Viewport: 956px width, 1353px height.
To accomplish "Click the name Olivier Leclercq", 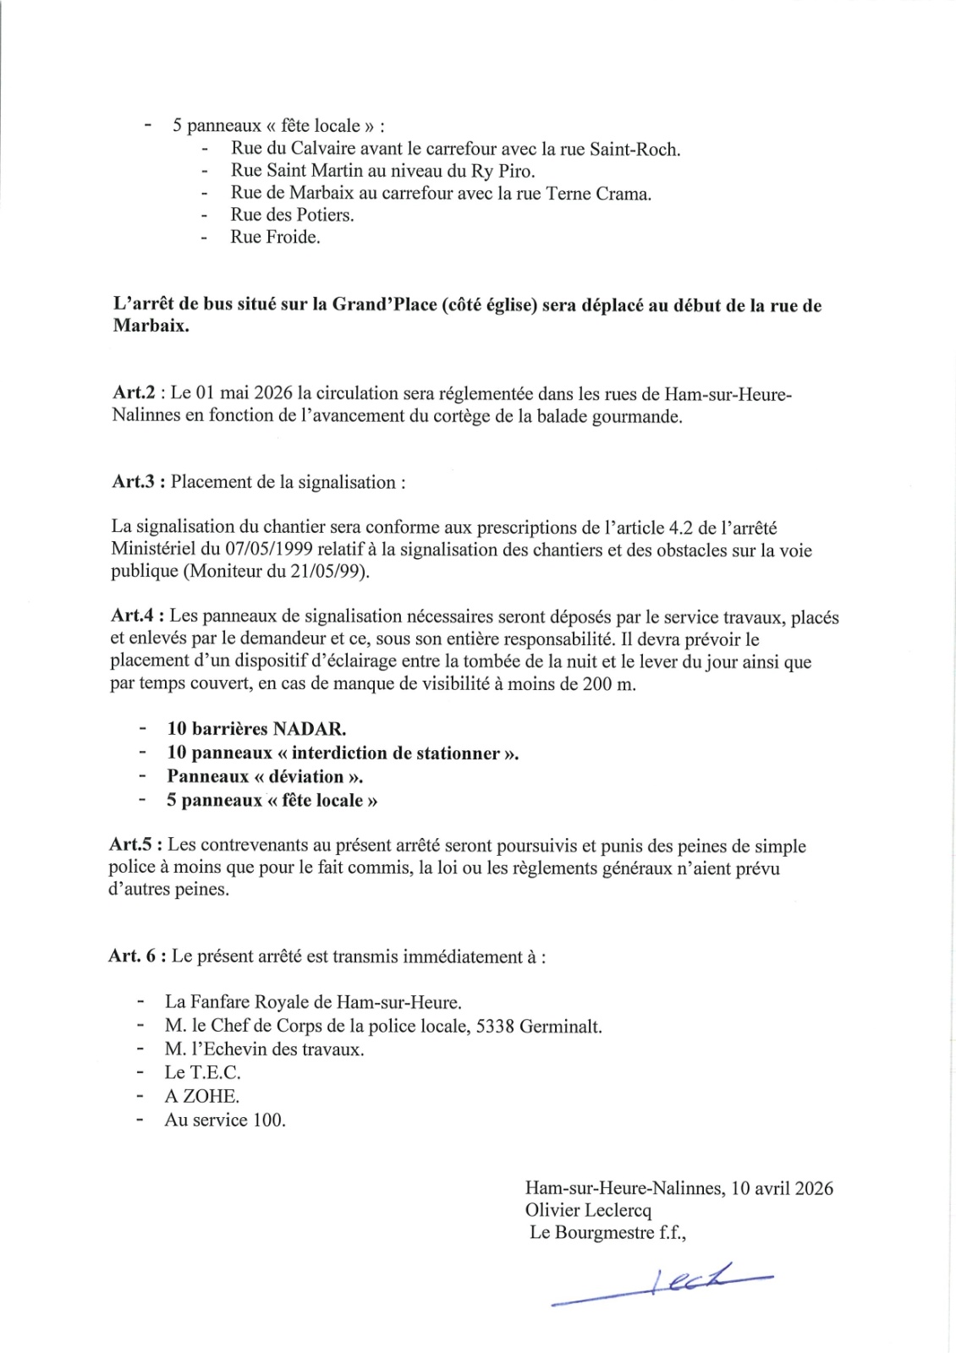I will (x=588, y=1210).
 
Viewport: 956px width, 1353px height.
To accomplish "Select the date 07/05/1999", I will (x=266, y=551).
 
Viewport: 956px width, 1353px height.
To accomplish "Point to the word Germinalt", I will (x=561, y=1027).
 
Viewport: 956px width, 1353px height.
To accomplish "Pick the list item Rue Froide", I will (x=275, y=238).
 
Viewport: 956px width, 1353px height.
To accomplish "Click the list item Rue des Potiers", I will (x=292, y=215).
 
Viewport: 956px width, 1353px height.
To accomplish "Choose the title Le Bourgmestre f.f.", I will (x=607, y=1232).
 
